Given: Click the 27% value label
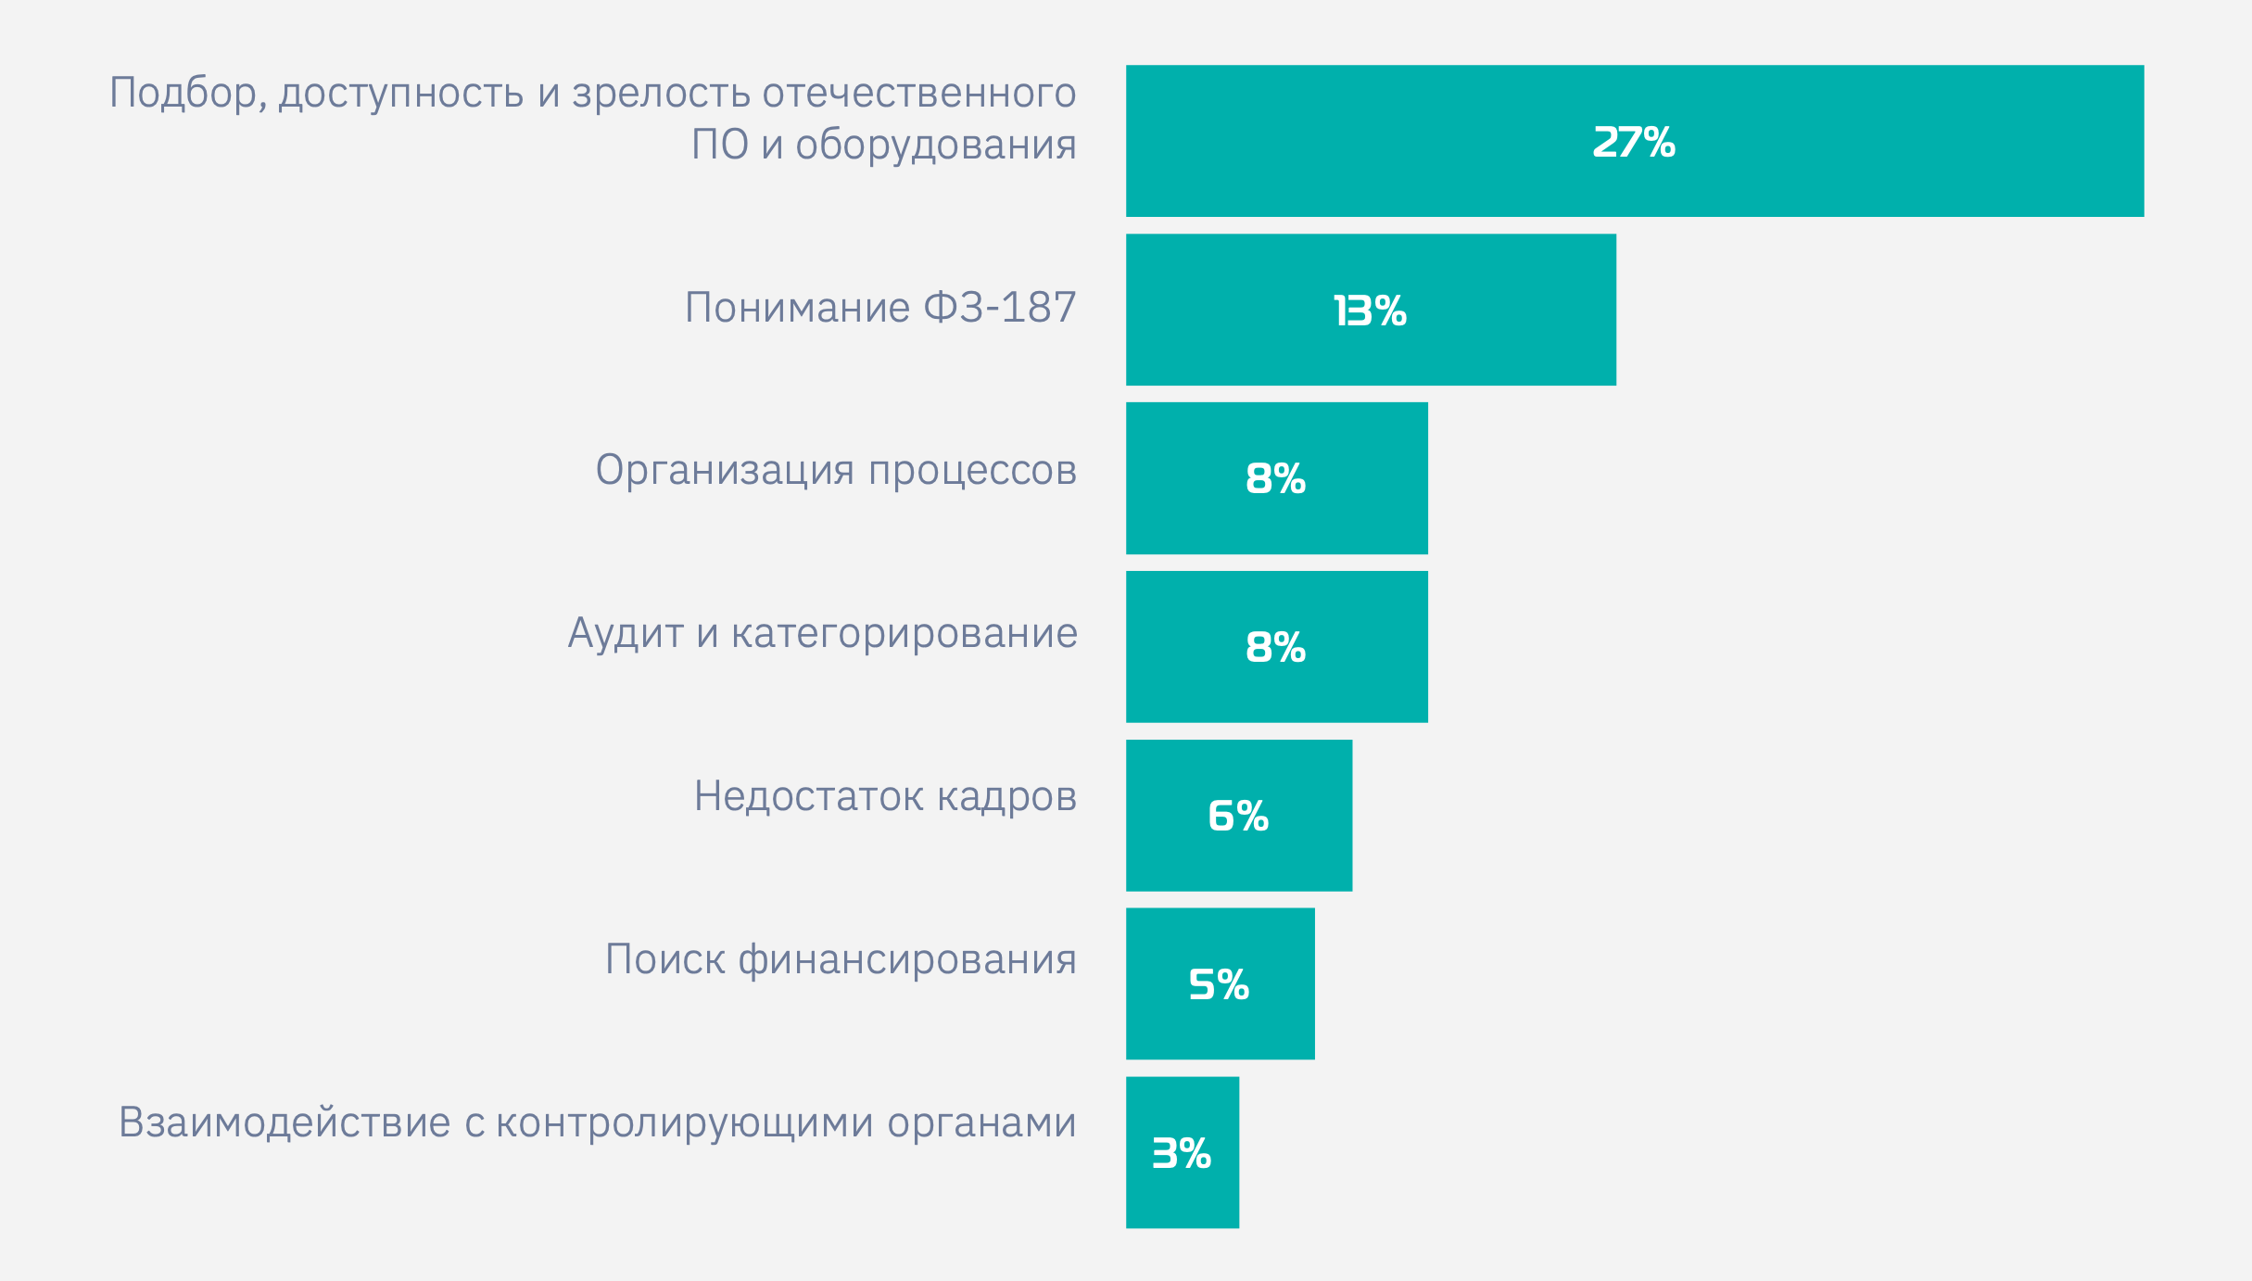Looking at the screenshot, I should (1633, 143).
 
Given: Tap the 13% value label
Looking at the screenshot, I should (1370, 311).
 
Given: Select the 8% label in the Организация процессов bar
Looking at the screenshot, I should (1275, 479).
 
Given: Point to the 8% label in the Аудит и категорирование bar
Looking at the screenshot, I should (1275, 648).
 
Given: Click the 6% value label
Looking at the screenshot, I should (1238, 817).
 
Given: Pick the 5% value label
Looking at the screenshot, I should (1219, 985).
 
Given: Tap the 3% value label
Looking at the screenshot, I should (1182, 1154).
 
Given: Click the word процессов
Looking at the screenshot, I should (972, 471).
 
